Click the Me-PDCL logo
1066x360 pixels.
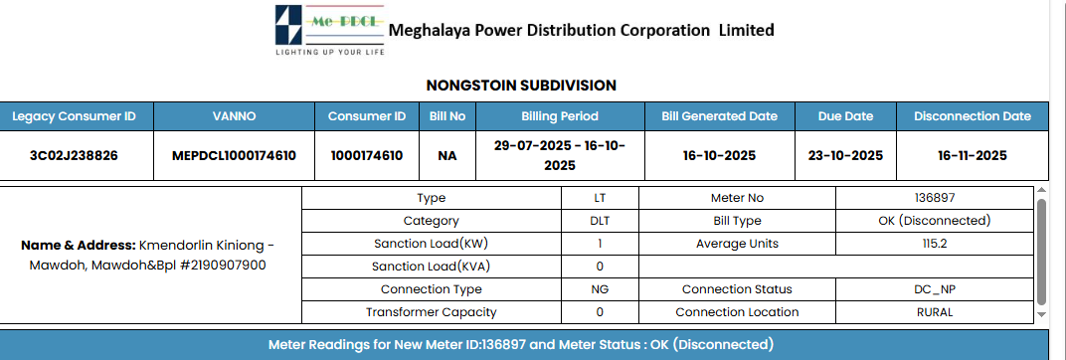pos(330,31)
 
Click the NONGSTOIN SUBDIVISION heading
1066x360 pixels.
pos(521,86)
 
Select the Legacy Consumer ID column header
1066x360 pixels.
pos(75,116)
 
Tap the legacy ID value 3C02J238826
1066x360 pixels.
pos(75,156)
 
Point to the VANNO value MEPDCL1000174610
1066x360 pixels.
pos(234,156)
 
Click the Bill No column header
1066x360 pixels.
pos(447,116)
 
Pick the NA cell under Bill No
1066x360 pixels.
pos(447,156)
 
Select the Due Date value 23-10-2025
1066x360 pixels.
pos(845,156)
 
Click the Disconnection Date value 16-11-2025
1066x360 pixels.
pos(973,156)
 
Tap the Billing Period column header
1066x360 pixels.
pos(560,116)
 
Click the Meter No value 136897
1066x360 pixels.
pos(935,198)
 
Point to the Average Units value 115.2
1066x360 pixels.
pos(935,244)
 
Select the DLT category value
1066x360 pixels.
pos(600,221)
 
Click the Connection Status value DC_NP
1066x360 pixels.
pos(935,289)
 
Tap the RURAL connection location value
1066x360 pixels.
pos(935,312)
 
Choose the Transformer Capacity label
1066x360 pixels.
pos(431,312)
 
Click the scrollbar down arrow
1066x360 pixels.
pos(1041,314)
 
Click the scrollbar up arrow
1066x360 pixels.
pos(1041,191)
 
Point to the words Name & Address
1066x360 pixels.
pos(79,245)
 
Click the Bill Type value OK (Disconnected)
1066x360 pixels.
pos(935,221)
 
